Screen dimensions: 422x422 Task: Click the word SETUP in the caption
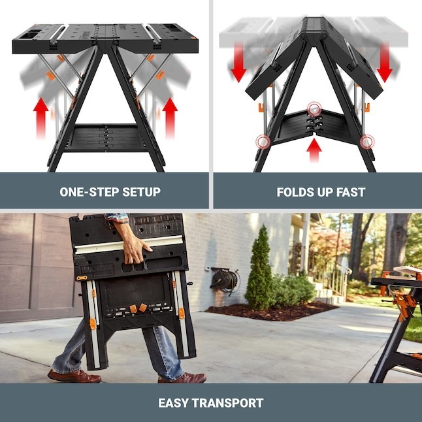tap(138, 192)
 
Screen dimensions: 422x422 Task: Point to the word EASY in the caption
tap(176, 403)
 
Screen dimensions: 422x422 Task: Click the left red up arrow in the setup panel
tap(41, 117)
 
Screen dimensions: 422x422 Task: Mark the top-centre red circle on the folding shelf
tap(315, 108)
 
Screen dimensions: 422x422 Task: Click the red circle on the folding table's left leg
tap(263, 141)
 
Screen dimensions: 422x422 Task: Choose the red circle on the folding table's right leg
tap(367, 140)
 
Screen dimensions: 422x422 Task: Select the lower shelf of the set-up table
tap(105, 138)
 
